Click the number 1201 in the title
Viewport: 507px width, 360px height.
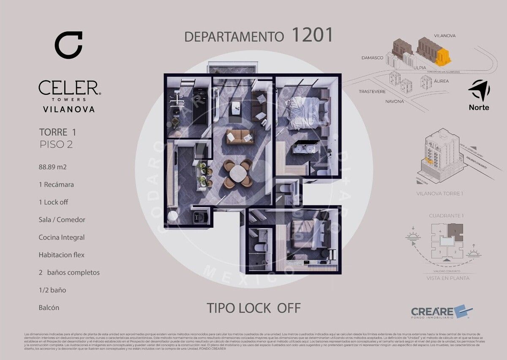[312, 35]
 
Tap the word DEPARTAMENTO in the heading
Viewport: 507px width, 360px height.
[234, 36]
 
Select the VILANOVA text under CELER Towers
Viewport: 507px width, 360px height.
[69, 109]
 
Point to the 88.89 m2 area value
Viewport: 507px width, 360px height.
[52, 167]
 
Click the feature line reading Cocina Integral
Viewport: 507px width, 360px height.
[61, 237]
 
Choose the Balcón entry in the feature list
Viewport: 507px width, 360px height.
[49, 308]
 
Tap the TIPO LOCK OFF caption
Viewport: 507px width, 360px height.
[253, 308]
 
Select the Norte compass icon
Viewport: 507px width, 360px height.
[479, 90]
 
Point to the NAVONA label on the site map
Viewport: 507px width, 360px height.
[395, 101]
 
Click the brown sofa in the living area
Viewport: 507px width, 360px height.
[240, 136]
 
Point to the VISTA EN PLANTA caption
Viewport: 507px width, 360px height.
[448, 278]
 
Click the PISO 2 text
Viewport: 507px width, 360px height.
[56, 145]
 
